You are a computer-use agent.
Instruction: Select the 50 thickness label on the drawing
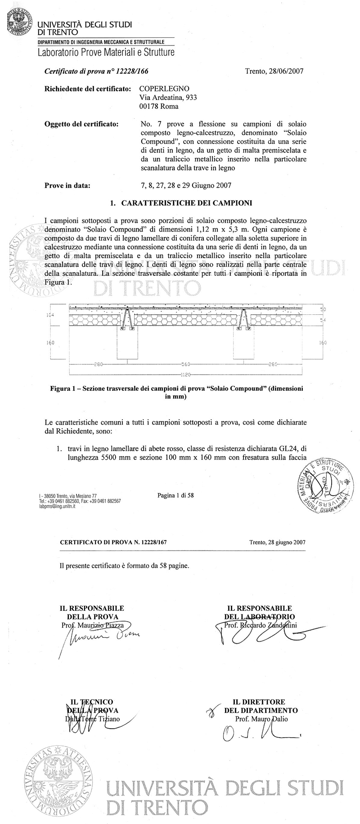pyautogui.click(x=323, y=310)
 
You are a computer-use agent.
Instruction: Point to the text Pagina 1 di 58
pyautogui.click(x=175, y=496)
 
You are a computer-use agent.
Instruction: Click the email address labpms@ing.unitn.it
pyautogui.click(x=57, y=506)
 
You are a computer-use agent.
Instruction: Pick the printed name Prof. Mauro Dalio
pyautogui.click(x=261, y=719)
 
